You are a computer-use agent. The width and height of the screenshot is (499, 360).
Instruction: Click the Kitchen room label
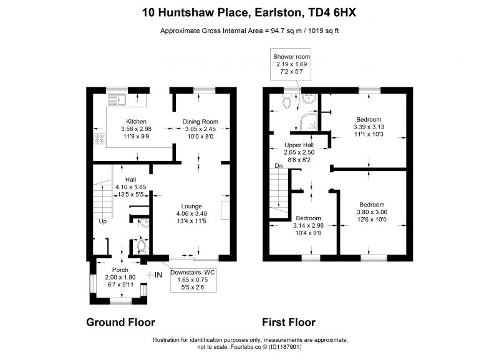pos(136,121)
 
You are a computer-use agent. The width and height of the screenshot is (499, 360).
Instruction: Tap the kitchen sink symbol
pos(117,100)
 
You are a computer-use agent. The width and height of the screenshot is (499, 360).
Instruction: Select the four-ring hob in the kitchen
pos(100,139)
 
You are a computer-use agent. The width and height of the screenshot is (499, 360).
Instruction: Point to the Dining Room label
pos(200,122)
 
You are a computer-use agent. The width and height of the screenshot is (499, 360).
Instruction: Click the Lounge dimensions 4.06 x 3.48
pos(191,213)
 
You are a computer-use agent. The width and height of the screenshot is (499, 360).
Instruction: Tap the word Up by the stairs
pos(102,221)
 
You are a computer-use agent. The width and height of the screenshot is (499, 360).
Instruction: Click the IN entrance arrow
pos(155,275)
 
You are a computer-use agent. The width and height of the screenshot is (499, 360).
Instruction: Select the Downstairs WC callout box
pos(193,280)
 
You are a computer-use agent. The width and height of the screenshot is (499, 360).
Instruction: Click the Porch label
pos(120,270)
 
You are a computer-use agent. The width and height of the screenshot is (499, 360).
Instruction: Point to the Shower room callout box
pos(291,64)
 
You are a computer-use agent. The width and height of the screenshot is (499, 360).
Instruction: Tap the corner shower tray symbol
pos(308,122)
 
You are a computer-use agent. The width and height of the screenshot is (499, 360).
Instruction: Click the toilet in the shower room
pos(287,101)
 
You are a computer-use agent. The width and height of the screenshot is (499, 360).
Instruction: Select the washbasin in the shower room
pos(309,99)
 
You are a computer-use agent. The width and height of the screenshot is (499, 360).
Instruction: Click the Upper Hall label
pos(299,145)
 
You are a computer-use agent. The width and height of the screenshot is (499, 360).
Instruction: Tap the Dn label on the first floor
pos(278,166)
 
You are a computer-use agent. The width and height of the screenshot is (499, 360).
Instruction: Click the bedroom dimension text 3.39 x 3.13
pos(369,127)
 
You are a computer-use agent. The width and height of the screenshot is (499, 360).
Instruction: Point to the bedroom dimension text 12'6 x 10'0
pos(372,220)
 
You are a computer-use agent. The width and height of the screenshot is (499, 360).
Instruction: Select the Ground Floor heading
pos(120,322)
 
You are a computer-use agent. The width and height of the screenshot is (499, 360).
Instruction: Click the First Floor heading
pos(289,322)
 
